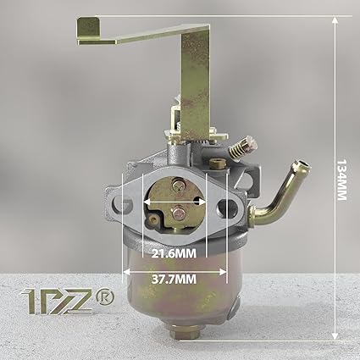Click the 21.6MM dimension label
174,253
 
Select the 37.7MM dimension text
174,280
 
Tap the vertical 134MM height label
342,180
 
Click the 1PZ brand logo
57,302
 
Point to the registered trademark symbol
105,296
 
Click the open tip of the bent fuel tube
302,164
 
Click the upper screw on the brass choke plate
179,186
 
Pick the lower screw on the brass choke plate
178,213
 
